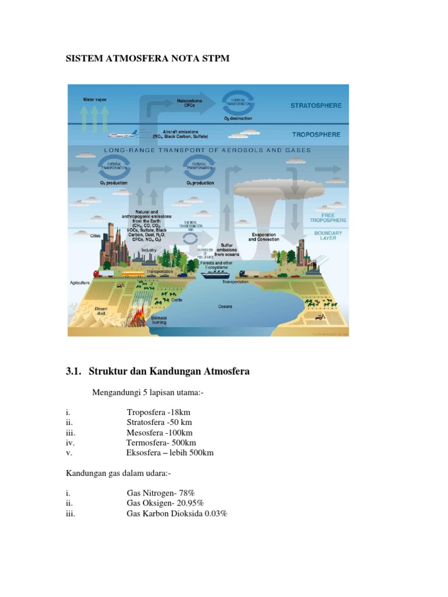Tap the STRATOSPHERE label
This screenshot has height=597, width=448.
click(x=316, y=106)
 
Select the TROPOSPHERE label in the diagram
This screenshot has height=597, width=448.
click(x=316, y=134)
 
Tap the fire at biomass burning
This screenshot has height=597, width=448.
click(x=141, y=318)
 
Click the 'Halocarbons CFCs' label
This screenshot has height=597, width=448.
click(x=190, y=103)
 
